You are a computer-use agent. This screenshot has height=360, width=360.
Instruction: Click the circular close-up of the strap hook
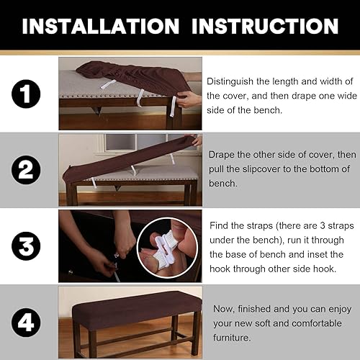[x=171, y=248]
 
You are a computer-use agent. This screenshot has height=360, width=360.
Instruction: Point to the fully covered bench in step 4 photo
[x=130, y=310]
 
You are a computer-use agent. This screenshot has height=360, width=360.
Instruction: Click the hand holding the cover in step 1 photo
[x=189, y=97]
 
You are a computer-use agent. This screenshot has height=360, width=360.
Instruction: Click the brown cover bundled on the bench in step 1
[x=122, y=73]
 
